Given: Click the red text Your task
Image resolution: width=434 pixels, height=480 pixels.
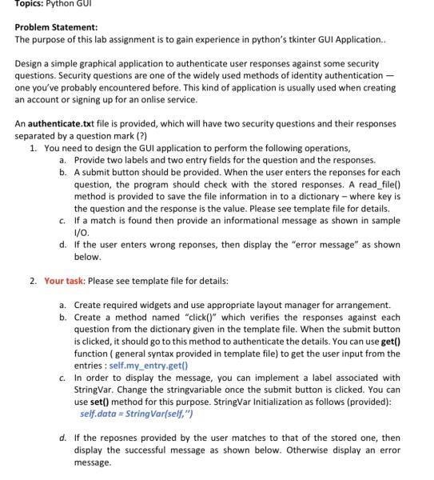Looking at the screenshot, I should pyautogui.click(x=65, y=281).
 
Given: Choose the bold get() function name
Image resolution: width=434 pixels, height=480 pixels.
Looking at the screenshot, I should pyautogui.click(x=393, y=341).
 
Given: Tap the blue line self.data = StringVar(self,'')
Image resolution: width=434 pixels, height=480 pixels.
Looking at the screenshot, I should pyautogui.click(x=137, y=414).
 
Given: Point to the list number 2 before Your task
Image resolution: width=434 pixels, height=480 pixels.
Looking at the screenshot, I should pyautogui.click(x=34, y=281).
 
